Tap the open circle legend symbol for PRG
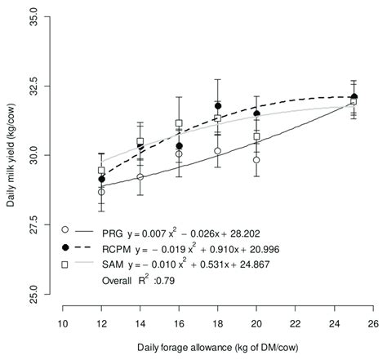tap(64, 229)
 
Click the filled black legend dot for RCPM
tap(64, 247)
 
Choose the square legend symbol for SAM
tap(64, 264)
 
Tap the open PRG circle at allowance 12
tap(101, 192)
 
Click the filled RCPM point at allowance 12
tap(101, 179)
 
